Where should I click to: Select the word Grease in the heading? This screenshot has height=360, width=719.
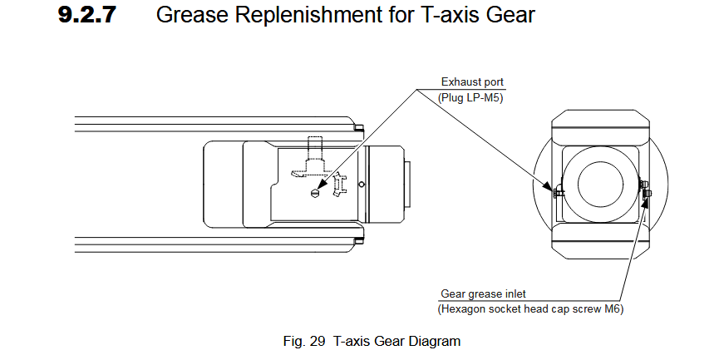point(191,15)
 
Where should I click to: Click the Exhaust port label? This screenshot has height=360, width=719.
point(472,82)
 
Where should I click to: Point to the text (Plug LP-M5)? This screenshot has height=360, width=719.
point(471,97)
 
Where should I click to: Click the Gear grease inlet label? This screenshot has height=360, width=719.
point(483,293)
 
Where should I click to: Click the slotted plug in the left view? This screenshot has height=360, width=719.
point(314,193)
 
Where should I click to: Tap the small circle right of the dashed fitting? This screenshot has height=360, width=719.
point(360,183)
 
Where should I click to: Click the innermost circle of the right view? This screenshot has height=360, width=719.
point(601,184)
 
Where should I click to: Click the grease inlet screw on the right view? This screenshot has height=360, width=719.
point(648,194)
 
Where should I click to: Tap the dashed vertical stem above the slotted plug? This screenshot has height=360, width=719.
point(313,150)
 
